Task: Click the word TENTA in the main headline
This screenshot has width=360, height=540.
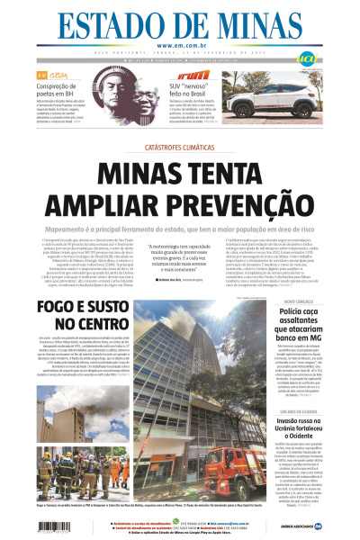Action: (x=257, y=171)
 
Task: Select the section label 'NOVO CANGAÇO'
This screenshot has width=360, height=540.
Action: (x=275, y=300)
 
